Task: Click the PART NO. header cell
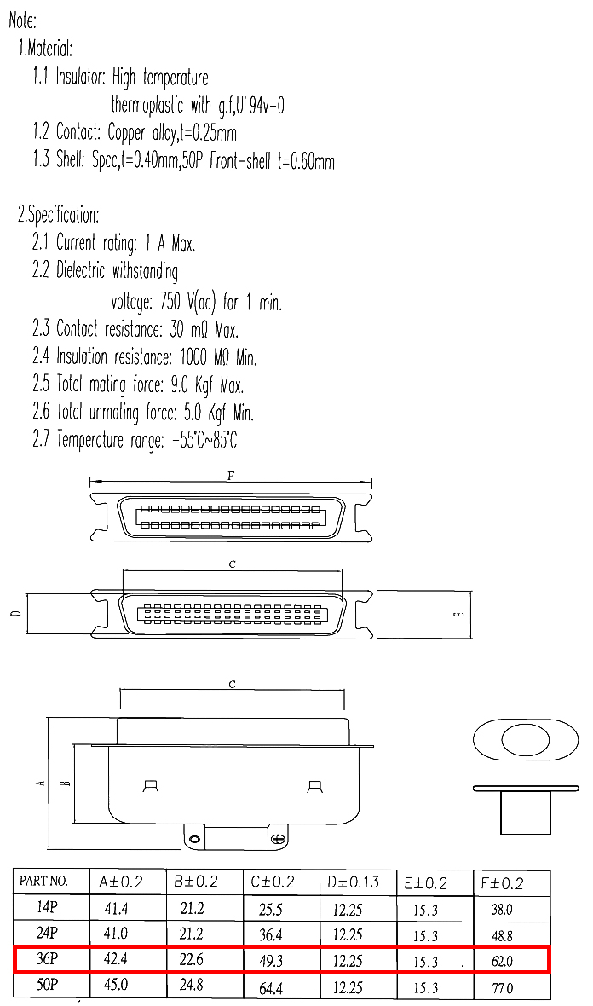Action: coord(43,881)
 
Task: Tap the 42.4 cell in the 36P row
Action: coord(115,958)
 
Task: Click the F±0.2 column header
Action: coord(502,883)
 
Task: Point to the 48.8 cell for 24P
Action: coord(502,936)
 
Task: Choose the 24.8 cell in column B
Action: coord(192,984)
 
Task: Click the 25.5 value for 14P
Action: coord(271,910)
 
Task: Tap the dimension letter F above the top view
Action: coord(231,476)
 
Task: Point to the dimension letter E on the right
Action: coord(459,615)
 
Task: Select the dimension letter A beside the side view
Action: coord(40,782)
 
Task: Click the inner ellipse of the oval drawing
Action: coord(525,740)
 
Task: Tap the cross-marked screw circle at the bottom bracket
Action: coord(278,839)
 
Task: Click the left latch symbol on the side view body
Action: coord(152,786)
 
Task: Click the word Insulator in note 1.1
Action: coord(81,77)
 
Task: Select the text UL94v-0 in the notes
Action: coord(260,105)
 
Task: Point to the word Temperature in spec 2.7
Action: coord(90,440)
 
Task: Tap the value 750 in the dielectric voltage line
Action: coord(170,301)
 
